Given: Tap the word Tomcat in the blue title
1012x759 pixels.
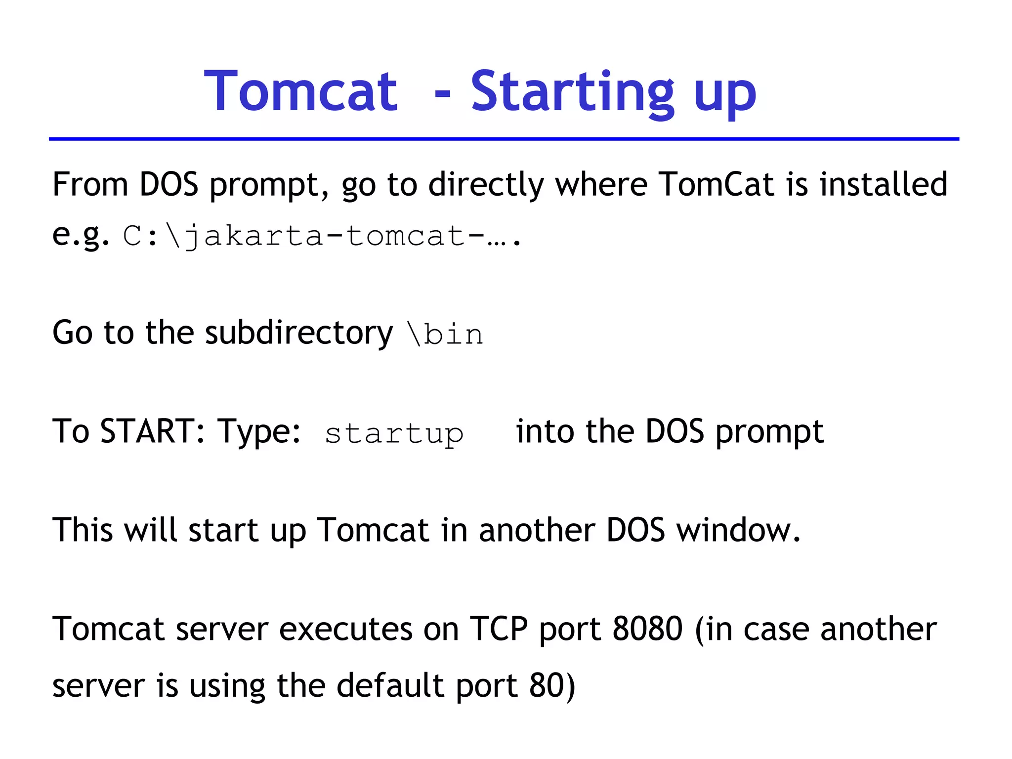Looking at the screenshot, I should (300, 92).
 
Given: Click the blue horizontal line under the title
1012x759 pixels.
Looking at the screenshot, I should (504, 139).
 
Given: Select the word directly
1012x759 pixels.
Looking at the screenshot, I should (486, 185).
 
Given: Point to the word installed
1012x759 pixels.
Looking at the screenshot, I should (883, 184).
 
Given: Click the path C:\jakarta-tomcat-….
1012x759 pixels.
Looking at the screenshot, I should (322, 235).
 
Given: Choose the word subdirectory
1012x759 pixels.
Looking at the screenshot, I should (298, 333).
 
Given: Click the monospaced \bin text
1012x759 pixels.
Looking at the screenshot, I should (445, 334).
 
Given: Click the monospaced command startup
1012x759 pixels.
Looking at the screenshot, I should (394, 434).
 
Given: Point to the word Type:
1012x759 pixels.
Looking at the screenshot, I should (259, 432).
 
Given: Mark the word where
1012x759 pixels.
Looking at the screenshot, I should (601, 184).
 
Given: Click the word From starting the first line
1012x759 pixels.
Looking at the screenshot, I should (90, 184).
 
